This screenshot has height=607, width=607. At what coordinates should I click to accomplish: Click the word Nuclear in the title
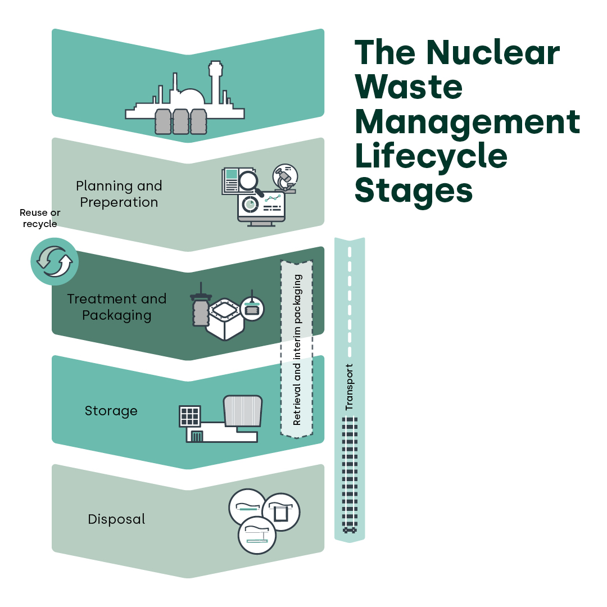coord(492,53)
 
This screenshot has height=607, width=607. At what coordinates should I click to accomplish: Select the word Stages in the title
coord(413,191)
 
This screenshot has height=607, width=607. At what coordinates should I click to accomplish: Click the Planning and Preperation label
coord(119,194)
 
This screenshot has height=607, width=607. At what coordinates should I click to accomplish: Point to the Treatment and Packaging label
coord(117,307)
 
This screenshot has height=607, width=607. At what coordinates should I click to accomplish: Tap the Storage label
coord(111,411)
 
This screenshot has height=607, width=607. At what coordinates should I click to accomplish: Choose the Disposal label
coord(116,519)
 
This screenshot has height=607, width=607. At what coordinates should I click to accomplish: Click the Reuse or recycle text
coord(40,219)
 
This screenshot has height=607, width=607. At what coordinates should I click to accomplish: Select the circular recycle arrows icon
coord(54,262)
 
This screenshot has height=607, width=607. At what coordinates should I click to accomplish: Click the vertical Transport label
coord(349,387)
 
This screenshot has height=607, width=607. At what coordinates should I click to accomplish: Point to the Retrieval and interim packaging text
coord(297,350)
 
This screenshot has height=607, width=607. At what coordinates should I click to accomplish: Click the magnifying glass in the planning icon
coord(248,182)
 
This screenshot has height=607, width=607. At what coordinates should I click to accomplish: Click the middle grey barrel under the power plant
coord(180,121)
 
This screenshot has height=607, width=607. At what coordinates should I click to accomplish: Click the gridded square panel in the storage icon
coord(190,416)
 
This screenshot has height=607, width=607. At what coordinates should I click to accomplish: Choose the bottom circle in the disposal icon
coord(257,536)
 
